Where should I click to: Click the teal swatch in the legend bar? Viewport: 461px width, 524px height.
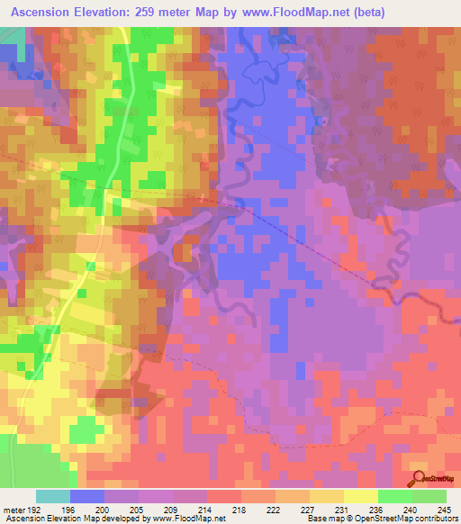[x=53, y=495]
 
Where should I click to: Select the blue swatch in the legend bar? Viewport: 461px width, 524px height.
[x=87, y=495]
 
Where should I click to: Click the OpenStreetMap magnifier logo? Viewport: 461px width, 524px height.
[x=419, y=479]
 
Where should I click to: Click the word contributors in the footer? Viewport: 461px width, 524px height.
[x=436, y=519]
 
